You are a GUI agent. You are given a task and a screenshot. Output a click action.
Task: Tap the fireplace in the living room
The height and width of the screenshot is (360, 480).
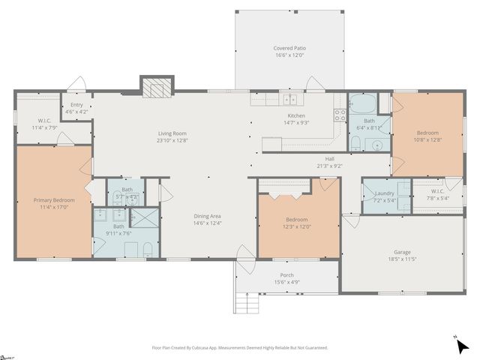156,88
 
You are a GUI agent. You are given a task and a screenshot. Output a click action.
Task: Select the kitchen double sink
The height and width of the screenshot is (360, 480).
291,100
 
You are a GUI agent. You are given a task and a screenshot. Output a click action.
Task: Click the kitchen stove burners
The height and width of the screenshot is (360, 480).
340,115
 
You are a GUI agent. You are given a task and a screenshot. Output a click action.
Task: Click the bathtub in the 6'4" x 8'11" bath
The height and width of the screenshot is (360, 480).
364,103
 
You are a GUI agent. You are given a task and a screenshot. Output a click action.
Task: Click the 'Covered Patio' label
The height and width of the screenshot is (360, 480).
289,48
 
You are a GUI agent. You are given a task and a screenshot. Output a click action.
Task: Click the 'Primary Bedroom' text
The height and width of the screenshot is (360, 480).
53,200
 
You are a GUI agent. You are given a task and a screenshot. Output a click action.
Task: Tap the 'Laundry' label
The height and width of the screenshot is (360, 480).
384,193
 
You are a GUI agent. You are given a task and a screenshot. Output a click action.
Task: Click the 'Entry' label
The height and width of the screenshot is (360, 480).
76,105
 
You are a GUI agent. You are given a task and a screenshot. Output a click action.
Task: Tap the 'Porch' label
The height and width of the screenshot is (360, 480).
286,274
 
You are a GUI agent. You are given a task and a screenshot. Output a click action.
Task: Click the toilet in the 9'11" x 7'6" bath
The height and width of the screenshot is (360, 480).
148,249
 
